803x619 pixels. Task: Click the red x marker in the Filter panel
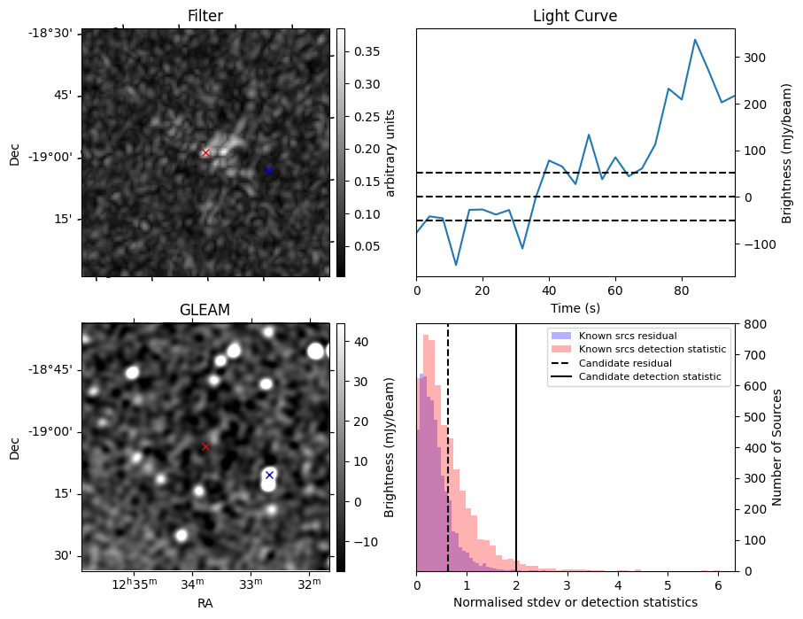point(206,152)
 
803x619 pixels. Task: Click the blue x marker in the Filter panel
point(268,170)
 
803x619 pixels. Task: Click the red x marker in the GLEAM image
point(205,446)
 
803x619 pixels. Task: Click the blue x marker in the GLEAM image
point(269,475)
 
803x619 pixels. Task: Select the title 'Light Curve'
point(575,16)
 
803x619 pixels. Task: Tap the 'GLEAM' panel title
point(205,310)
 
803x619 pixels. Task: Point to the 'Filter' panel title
point(205,16)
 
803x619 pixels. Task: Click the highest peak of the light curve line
point(695,40)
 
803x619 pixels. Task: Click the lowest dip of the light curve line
point(456,265)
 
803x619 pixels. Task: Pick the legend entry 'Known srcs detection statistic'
point(652,349)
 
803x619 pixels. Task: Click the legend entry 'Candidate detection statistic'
point(649,377)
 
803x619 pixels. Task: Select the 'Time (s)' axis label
point(575,306)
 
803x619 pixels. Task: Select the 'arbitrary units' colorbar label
point(390,152)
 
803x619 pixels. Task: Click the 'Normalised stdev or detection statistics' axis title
point(575,602)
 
